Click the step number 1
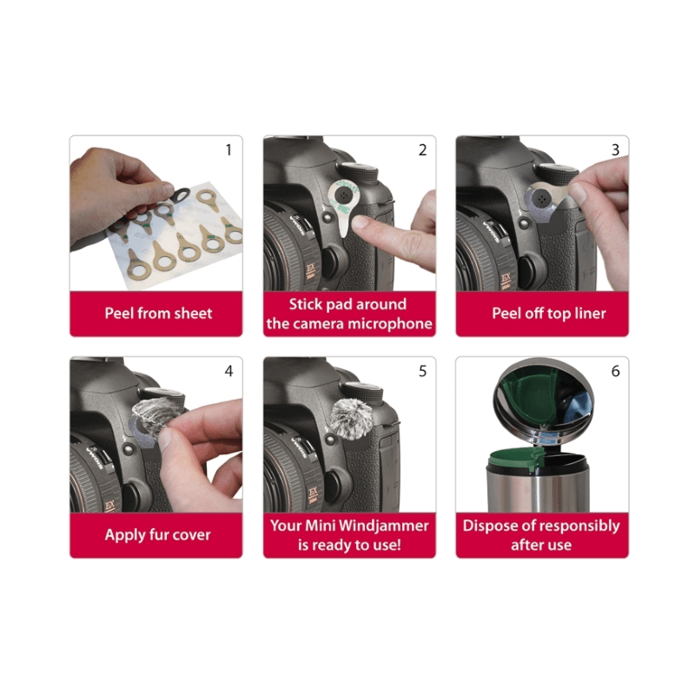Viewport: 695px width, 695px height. pos(228,150)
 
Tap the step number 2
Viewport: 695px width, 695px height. pos(422,150)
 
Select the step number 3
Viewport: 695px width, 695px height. pos(615,150)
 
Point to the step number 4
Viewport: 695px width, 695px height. pos(228,371)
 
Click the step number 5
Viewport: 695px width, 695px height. pos(422,371)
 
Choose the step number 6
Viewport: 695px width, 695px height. pos(615,371)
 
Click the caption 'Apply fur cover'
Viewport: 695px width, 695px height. pos(157,534)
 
